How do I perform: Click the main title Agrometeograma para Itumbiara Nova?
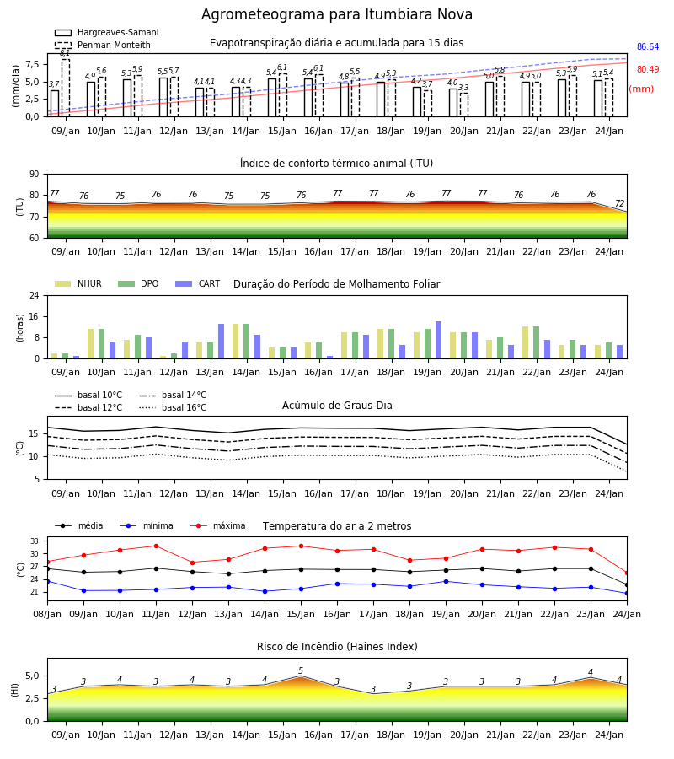coord(336,14)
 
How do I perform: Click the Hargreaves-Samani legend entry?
coord(106,32)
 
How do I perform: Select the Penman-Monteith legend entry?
coord(103,45)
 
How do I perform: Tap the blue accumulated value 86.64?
coord(648,47)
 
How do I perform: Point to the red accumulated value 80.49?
coord(648,70)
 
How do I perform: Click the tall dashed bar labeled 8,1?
coord(65,88)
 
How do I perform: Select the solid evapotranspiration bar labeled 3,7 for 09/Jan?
coord(55,104)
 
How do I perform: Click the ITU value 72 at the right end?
coord(619,203)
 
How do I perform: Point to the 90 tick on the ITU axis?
coord(35,175)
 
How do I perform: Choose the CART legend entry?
coord(197,283)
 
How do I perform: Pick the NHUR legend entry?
coord(78,283)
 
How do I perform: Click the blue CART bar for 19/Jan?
coord(439,340)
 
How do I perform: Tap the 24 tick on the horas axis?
coord(35,296)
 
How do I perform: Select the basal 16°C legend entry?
coord(173,407)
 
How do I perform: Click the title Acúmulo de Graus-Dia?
coord(337,406)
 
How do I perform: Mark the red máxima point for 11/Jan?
coord(156,546)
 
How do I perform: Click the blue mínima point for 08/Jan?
coord(47,581)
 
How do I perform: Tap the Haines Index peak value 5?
coord(301,670)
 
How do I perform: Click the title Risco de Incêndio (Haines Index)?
coord(337,647)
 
